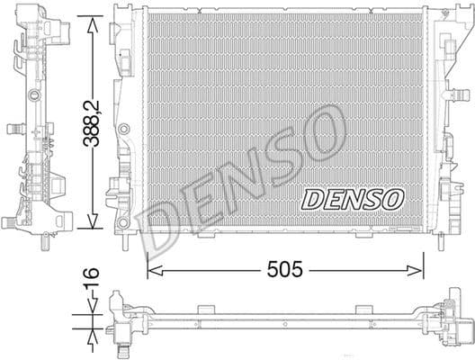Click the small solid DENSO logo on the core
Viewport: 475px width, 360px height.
352,199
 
